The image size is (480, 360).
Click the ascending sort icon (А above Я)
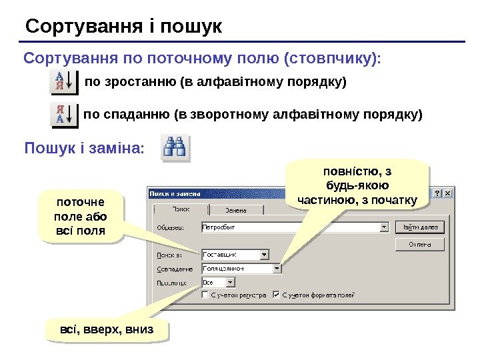pos(64,83)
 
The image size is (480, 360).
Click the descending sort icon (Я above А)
pos(64,114)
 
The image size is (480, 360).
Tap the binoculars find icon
pos(176,148)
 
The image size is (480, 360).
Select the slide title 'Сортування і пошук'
pos(123,27)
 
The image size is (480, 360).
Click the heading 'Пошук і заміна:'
pos(84,147)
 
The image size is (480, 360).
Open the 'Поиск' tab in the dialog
pos(181,209)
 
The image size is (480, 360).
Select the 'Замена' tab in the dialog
pos(234,210)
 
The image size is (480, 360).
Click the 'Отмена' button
pos(420,245)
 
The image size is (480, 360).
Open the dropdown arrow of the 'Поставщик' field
pos(264,254)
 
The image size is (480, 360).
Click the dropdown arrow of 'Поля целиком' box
pos(277,269)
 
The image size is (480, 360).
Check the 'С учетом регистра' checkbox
pos(205,294)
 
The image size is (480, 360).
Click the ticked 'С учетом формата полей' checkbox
pos(276,294)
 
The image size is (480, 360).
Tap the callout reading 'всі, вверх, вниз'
pos(107,329)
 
